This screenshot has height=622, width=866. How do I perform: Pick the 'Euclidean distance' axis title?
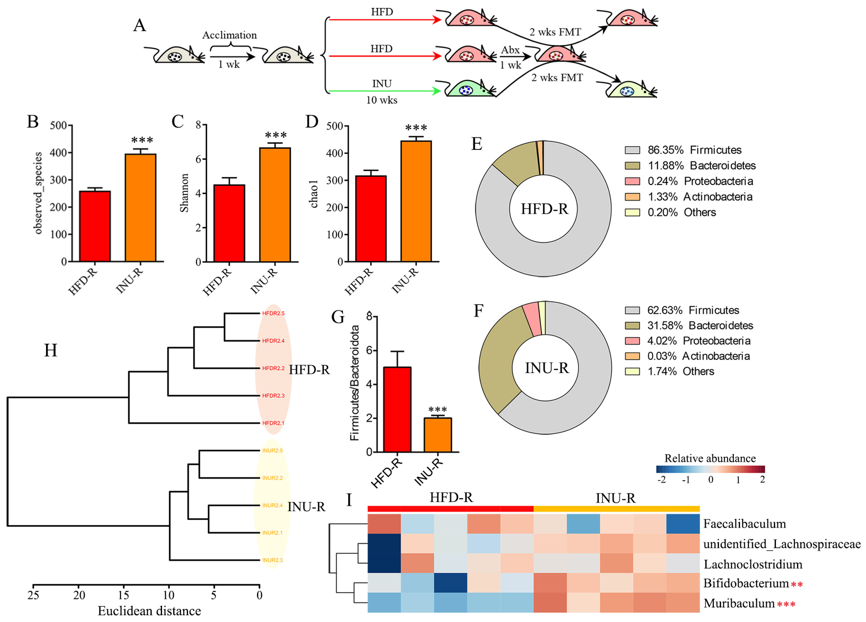(149, 611)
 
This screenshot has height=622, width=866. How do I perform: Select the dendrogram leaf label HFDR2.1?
(273, 423)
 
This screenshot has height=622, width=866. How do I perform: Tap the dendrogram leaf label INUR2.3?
(272, 560)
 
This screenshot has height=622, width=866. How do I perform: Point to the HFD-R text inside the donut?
(544, 209)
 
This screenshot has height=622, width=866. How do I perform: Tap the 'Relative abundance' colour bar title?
(710, 458)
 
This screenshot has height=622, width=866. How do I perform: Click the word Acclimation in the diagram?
(229, 35)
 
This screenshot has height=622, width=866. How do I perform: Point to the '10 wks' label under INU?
(381, 100)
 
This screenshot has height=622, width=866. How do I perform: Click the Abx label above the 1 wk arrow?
(510, 50)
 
